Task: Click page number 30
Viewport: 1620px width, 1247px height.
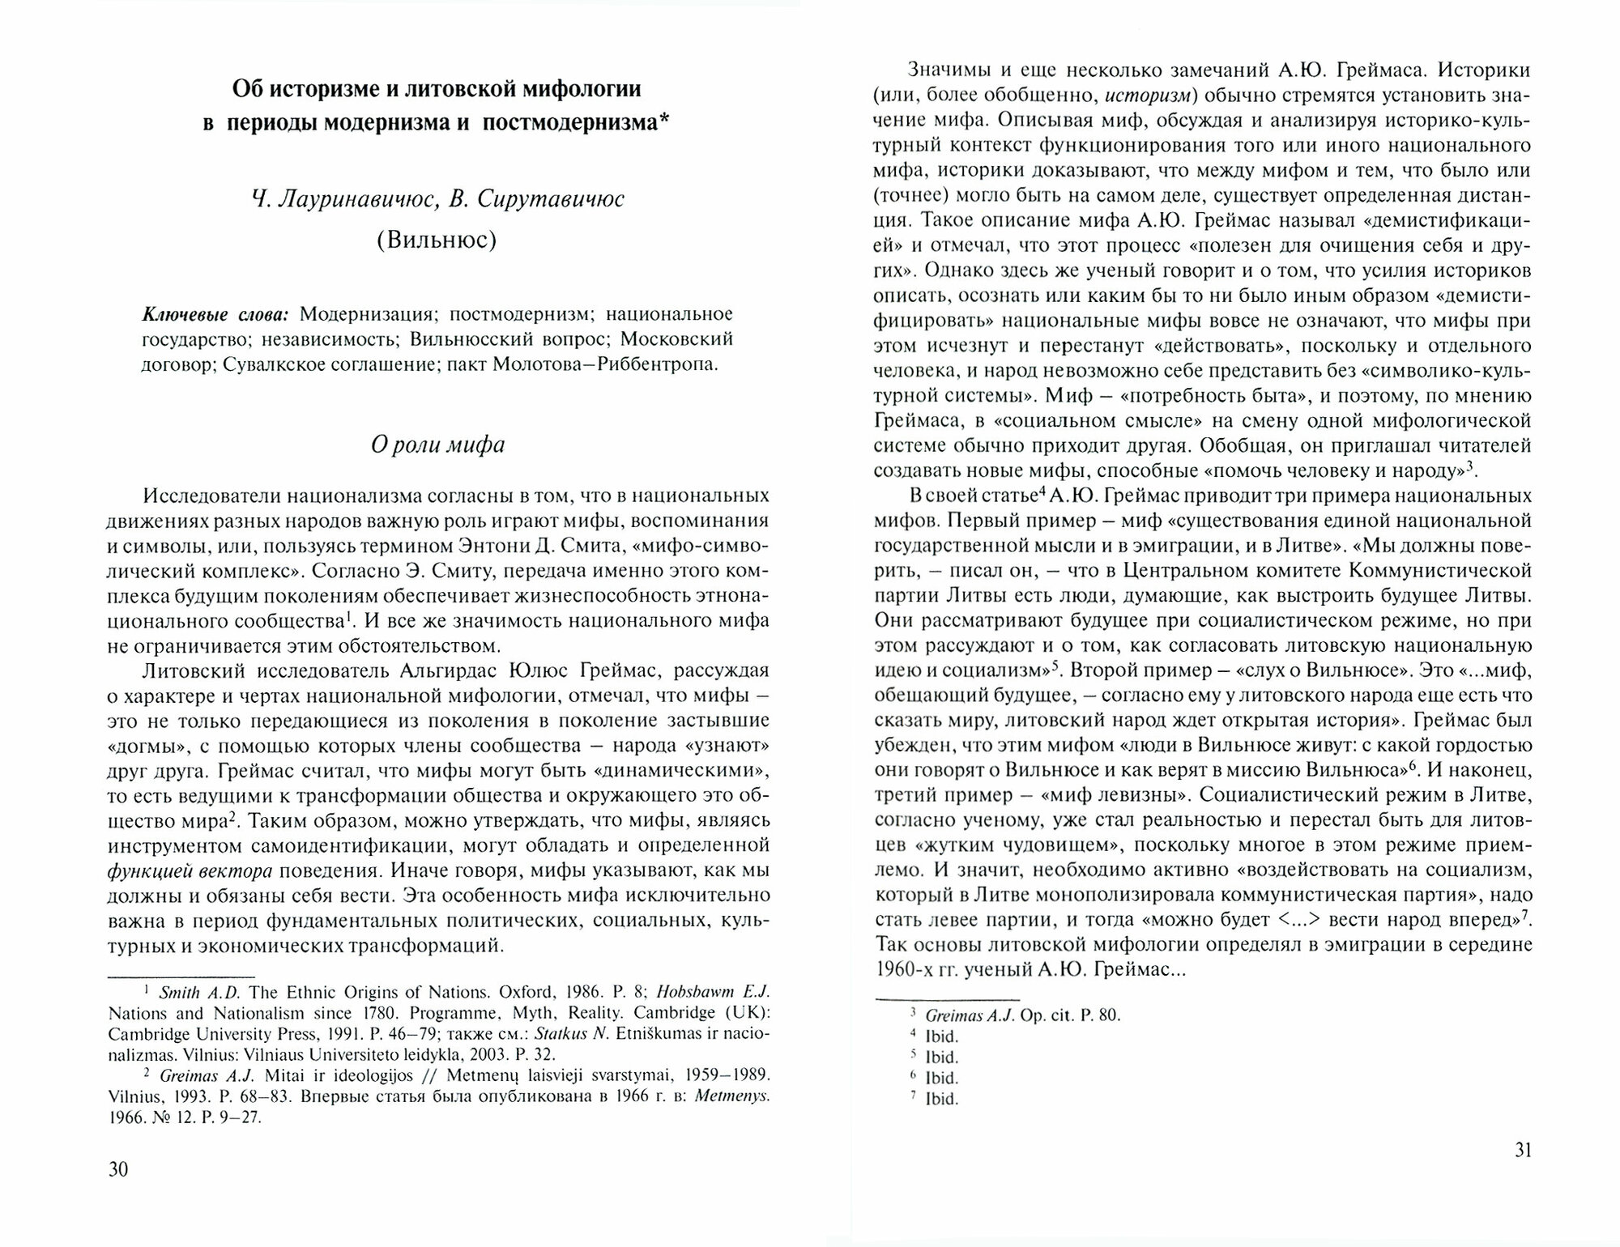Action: point(118,1169)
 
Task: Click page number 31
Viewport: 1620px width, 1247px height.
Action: point(1523,1151)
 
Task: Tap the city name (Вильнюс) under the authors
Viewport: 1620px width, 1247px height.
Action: point(437,240)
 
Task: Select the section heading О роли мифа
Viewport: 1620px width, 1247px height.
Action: point(437,445)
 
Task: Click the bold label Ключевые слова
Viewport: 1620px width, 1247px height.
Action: point(215,314)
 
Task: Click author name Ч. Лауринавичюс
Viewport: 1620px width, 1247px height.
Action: point(346,199)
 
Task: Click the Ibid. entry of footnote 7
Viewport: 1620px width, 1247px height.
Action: point(941,1100)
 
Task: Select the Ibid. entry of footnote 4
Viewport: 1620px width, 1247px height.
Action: point(941,1036)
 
